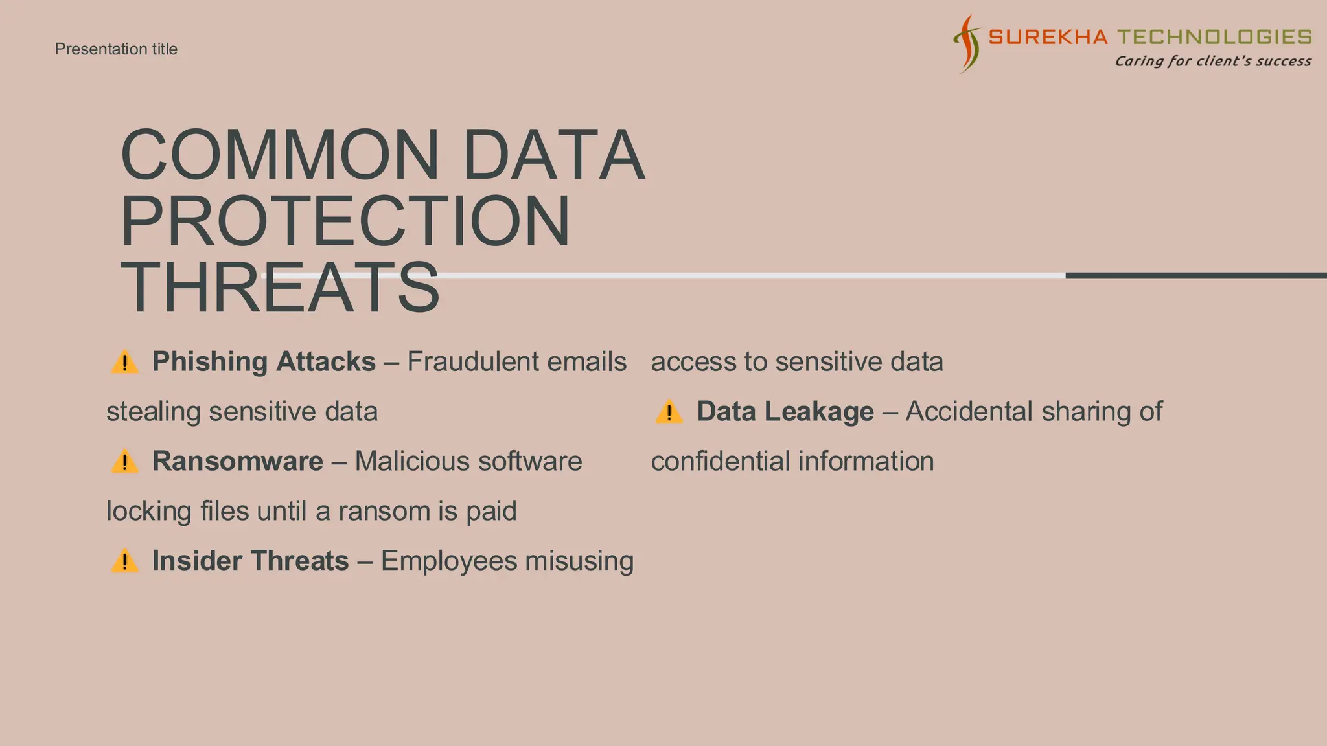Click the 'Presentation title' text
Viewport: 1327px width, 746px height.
coord(116,49)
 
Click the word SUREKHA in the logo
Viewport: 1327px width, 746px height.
coord(1048,37)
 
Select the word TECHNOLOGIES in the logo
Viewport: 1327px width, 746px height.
coord(1215,37)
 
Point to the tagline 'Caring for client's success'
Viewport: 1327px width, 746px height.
coord(1212,62)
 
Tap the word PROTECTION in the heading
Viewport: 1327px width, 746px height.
coord(345,221)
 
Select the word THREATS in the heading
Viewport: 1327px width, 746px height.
coord(280,288)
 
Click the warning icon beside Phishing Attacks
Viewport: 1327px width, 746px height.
coord(124,362)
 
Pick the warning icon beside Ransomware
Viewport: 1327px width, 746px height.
coord(124,462)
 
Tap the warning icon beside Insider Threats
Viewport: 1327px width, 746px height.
coord(124,561)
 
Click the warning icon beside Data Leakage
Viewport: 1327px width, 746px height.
coord(669,413)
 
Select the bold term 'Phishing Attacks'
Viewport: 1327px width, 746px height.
coord(264,362)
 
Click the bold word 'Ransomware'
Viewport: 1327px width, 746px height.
coord(237,462)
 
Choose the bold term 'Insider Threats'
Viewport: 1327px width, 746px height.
coord(250,561)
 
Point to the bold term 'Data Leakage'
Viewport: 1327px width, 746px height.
coord(785,412)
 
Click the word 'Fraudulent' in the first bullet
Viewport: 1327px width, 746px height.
coord(464,362)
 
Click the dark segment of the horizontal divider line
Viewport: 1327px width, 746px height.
coord(1195,276)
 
